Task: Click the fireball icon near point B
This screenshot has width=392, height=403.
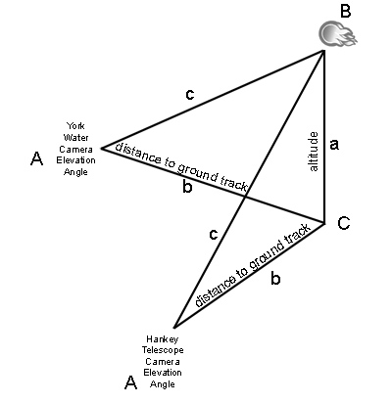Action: tap(337, 34)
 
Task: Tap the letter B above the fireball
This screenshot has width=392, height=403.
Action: tap(345, 11)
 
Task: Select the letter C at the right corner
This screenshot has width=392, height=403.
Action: tap(344, 224)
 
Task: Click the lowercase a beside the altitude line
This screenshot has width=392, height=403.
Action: tap(334, 144)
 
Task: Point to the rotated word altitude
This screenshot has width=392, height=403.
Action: tap(314, 152)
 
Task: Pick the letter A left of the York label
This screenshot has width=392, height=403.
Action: tap(36, 158)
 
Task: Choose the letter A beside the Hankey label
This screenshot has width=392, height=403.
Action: tap(130, 382)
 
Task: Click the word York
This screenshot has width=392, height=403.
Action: tap(75, 126)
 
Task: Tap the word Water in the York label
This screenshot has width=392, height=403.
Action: tap(75, 137)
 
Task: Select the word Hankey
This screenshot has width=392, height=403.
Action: tap(163, 339)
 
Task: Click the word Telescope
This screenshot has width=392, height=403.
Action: tap(163, 350)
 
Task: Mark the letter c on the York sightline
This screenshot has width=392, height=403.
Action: tap(189, 94)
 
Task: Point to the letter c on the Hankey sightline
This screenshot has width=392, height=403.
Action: tap(213, 234)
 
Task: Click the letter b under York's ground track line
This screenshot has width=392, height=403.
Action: tap(187, 187)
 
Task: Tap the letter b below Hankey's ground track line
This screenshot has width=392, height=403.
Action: tap(275, 279)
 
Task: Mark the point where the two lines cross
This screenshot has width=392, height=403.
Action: tap(246, 197)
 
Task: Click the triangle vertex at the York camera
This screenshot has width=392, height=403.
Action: tap(102, 149)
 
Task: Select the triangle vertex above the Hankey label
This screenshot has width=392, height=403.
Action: tap(174, 328)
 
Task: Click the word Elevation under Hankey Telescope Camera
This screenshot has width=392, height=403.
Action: tap(163, 373)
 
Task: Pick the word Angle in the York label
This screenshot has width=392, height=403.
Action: tap(75, 172)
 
